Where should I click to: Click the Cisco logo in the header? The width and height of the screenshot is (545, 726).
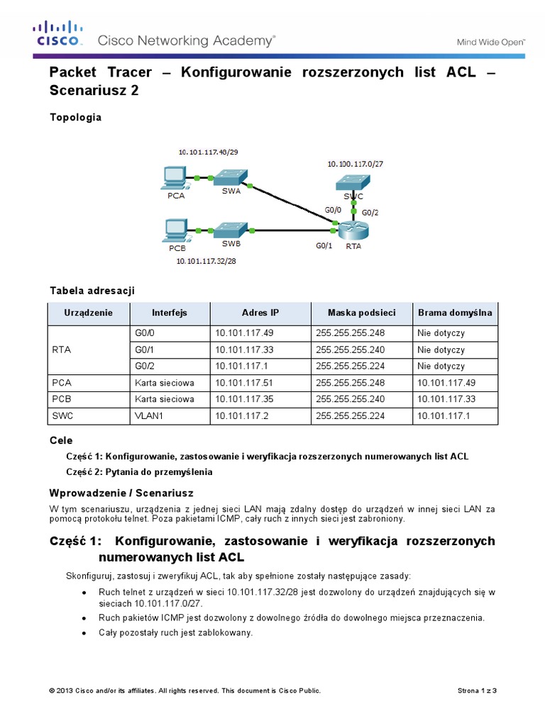pos(57,34)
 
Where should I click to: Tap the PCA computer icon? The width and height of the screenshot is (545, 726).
pos(173,177)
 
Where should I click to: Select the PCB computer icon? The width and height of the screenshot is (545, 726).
pos(175,230)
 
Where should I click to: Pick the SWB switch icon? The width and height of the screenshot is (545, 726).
pos(232,230)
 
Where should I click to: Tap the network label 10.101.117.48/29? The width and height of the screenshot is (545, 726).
pos(209,152)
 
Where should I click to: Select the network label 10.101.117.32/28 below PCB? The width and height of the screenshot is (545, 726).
pos(207,261)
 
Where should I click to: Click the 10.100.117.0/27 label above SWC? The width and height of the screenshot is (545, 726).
pos(356,164)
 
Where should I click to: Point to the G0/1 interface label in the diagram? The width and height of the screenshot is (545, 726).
pos(324,247)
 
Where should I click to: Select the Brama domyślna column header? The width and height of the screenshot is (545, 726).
pos(455,313)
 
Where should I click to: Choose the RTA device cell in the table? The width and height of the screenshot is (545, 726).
pos(62,350)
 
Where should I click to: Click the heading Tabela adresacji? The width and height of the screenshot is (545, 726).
pos(92,291)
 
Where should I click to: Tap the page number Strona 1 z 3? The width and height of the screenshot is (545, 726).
pos(478,691)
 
